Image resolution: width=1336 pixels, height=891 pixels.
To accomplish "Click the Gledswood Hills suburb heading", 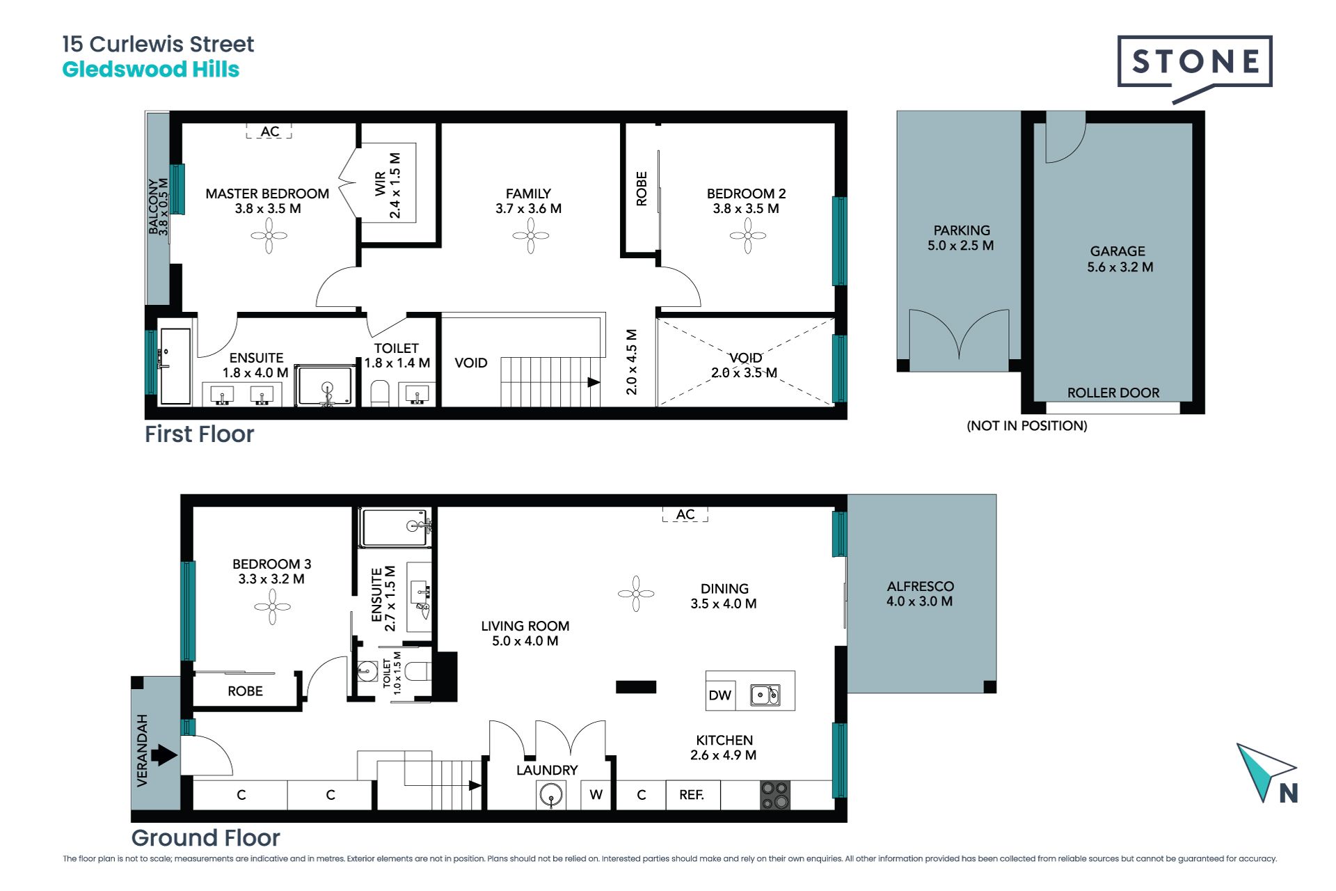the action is pos(151,70).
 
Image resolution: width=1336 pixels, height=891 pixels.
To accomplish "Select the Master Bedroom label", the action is pos(267,201).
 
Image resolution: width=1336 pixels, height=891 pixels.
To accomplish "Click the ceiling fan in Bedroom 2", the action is pos(747,235).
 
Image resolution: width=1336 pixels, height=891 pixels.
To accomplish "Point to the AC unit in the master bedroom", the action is pos(269,131).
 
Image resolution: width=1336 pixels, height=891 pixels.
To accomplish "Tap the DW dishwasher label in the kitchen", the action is pos(719,695).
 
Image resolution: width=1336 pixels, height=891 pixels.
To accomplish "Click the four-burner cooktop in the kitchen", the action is pos(775,795).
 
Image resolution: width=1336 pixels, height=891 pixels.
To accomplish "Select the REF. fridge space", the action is pos(692,795).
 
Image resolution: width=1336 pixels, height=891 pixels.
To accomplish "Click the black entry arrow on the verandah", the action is pos(164,755).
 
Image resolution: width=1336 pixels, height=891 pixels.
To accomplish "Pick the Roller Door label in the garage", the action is pos(1113,393).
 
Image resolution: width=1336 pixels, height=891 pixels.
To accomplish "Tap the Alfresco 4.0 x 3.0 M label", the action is pos(920,594).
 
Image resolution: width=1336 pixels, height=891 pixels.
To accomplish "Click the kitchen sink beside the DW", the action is pos(765,695).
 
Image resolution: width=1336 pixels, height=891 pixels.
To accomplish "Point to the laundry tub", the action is pos(551,795).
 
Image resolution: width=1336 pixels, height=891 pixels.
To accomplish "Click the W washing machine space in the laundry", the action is pos(596,795).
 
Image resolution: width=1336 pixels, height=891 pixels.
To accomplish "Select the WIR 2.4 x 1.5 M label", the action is pos(388,185).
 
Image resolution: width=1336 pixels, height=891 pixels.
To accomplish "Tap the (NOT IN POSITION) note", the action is pos(1027,426).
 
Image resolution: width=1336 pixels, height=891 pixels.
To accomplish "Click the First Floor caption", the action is pos(200,434).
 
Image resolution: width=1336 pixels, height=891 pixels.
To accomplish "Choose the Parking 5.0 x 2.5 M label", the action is pos(961,238).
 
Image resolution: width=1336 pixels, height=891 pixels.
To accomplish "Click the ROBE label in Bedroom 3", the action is pos(245,691).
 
